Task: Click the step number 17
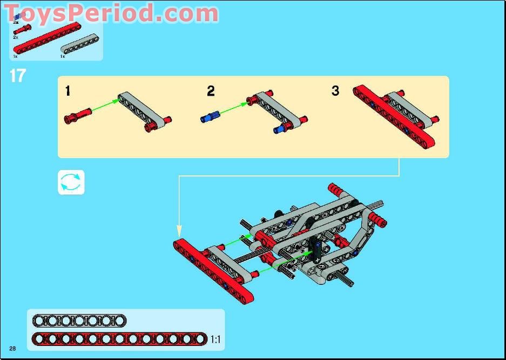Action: pos(17,76)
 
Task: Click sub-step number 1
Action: pos(68,91)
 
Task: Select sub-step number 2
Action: pos(211,91)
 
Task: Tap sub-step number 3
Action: pos(335,91)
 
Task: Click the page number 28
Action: pos(12,347)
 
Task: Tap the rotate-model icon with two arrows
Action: pos(71,182)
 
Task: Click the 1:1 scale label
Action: pos(215,340)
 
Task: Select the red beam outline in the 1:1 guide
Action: pos(119,339)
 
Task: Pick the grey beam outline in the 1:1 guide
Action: pos(79,321)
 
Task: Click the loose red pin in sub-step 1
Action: pos(77,116)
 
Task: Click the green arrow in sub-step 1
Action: pos(105,106)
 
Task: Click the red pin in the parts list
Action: pos(22,30)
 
